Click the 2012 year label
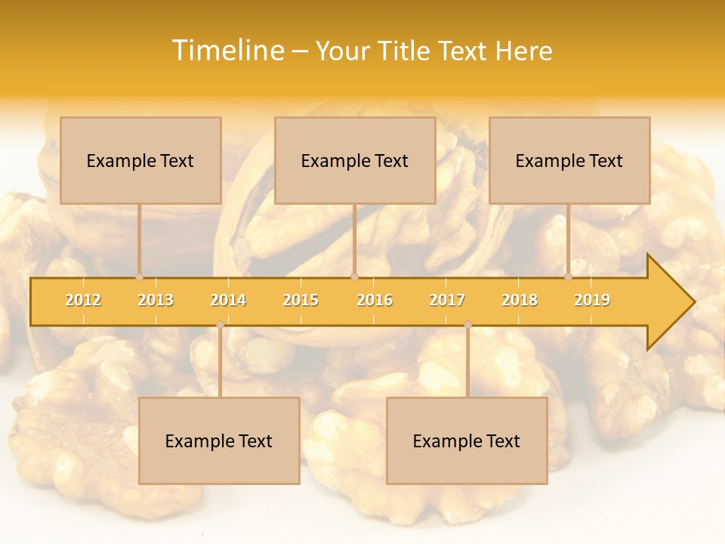click(x=83, y=300)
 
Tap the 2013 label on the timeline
click(x=156, y=300)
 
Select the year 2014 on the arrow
click(x=228, y=300)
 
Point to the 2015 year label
click(x=301, y=300)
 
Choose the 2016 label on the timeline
click(x=375, y=300)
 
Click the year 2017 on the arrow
click(x=447, y=300)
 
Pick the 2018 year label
click(x=520, y=300)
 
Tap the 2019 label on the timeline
click(x=592, y=300)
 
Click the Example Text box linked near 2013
click(x=140, y=160)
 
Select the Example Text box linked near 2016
click(x=355, y=160)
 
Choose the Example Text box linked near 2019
click(x=569, y=160)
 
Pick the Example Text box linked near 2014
click(x=219, y=440)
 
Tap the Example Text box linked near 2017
click(x=467, y=440)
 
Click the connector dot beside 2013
click(x=140, y=277)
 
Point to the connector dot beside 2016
click(x=354, y=277)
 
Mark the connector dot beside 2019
click(x=569, y=277)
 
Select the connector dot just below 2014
click(x=220, y=325)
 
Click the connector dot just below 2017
click(x=467, y=325)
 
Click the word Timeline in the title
click(x=227, y=51)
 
